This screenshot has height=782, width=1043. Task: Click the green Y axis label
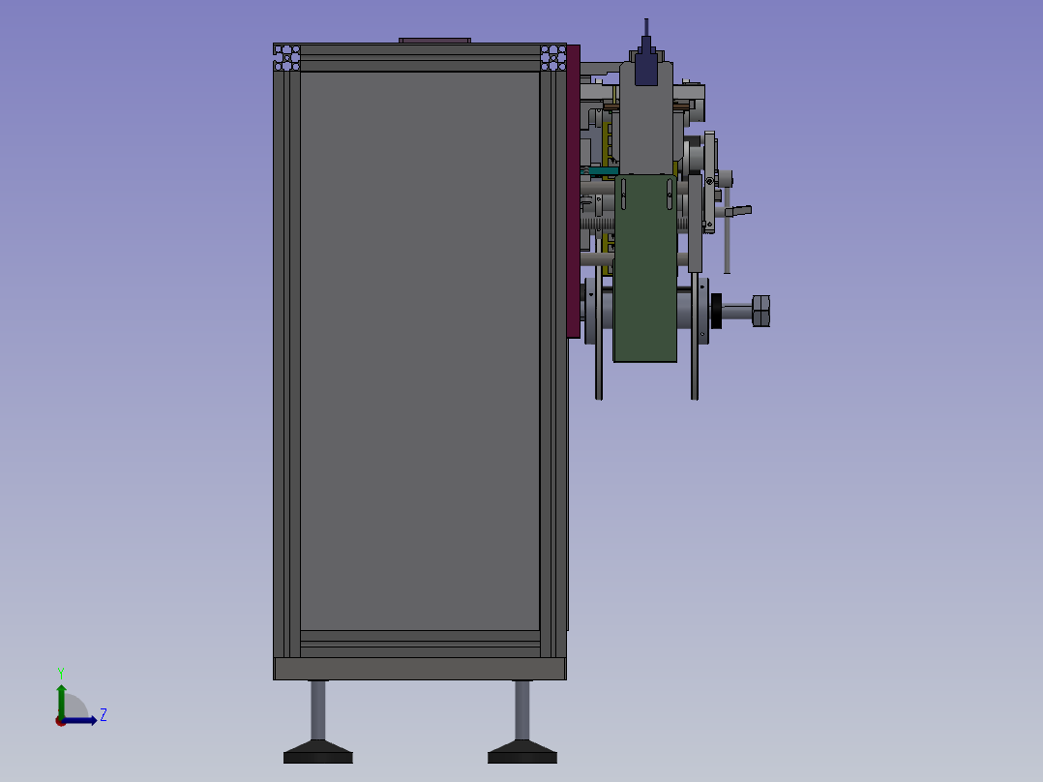[61, 674]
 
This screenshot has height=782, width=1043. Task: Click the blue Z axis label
[104, 715]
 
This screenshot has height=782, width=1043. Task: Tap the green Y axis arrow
[61, 702]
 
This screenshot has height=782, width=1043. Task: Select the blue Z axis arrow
[79, 721]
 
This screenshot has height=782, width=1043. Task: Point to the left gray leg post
[318, 710]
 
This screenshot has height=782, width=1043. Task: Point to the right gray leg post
[522, 710]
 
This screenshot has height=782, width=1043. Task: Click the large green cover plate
[645, 269]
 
